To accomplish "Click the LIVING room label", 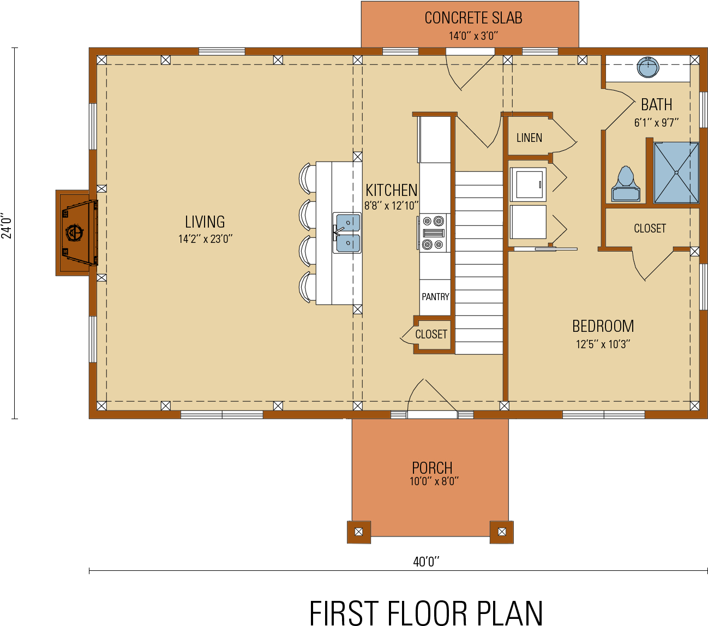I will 205,222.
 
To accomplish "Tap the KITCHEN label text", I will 391,190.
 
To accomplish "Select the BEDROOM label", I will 603,326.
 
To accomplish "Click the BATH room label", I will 656,105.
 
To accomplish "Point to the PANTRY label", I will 435,297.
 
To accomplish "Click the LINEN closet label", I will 529,138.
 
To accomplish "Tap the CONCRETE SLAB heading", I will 473,19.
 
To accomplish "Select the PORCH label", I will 432,468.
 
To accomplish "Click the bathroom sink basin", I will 648,68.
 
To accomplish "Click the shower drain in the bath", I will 676,172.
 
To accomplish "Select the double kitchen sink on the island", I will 347,233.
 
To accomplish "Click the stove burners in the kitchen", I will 434,233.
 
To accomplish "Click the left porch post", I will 358,532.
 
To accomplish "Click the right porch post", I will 502,532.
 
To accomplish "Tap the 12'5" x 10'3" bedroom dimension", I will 603,344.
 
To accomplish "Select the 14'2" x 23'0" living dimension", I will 205,239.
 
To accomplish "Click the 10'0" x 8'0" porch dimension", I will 434,481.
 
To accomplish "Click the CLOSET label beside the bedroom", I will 650,229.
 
